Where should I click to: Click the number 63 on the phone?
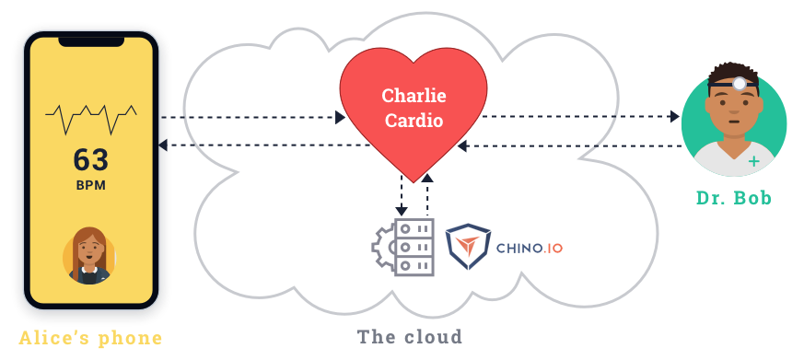(x=91, y=160)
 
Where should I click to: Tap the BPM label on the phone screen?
(x=91, y=185)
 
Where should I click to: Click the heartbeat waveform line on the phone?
(x=91, y=117)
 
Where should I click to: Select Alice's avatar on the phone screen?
(x=89, y=255)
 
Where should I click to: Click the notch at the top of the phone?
(x=91, y=41)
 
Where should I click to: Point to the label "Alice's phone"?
(x=90, y=338)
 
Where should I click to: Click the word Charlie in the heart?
(x=413, y=96)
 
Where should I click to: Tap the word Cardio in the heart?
(x=413, y=120)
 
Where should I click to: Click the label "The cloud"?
(x=409, y=336)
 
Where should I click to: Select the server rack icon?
(x=414, y=247)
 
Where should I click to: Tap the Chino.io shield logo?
(x=468, y=246)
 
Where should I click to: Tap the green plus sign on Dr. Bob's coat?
(x=754, y=162)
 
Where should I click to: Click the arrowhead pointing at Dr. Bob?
(x=675, y=117)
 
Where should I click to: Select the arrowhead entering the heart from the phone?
(x=340, y=118)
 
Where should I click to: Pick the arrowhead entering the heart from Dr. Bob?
(x=464, y=145)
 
